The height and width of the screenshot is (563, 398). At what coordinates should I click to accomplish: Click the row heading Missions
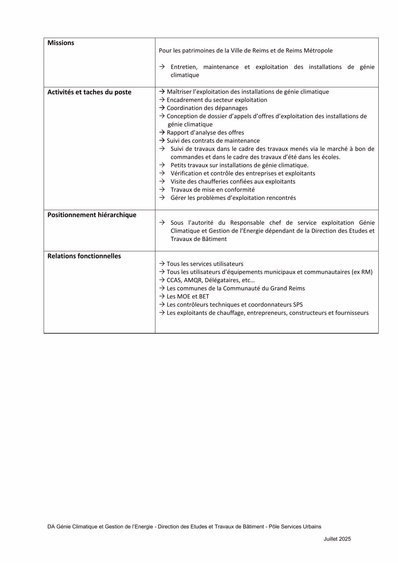point(61,43)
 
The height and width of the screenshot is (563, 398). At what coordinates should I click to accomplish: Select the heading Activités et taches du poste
point(89,92)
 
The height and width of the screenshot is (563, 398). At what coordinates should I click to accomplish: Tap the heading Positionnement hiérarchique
point(92,215)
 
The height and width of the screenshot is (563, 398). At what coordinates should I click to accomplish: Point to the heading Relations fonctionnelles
point(84,256)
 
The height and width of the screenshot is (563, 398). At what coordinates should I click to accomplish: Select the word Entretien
point(184,67)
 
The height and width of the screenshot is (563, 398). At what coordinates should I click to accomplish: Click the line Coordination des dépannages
point(207,108)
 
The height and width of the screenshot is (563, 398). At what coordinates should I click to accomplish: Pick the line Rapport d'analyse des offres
point(205,133)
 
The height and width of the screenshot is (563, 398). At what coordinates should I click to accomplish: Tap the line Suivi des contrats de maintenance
point(213,141)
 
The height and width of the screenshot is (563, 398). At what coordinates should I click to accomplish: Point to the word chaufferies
point(209,182)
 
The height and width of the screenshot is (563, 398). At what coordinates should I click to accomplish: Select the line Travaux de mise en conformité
point(212,190)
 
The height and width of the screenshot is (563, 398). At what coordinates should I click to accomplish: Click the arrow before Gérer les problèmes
point(162,198)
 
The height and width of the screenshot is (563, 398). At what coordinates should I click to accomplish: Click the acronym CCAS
point(174,280)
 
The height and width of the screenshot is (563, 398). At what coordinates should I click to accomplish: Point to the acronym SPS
point(298,305)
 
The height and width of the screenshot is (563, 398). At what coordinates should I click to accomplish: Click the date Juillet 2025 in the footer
point(337,539)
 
